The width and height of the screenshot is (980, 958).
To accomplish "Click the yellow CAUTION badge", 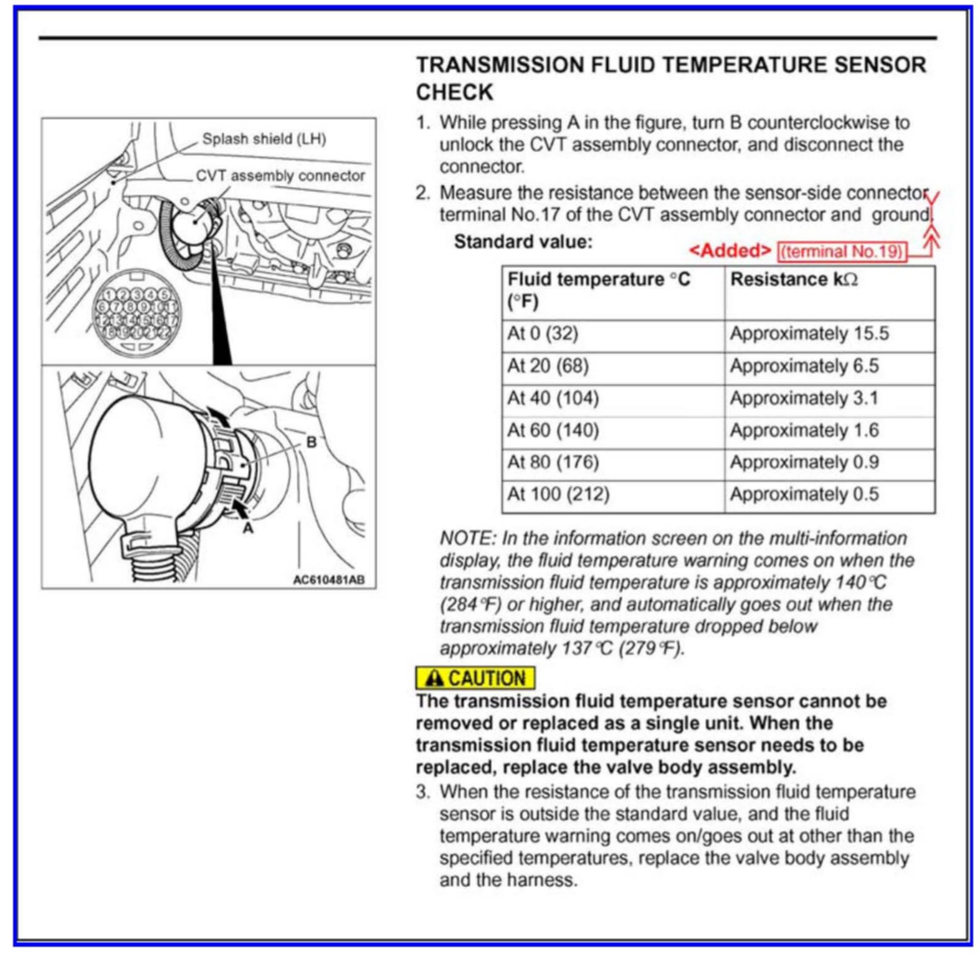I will [x=475, y=678].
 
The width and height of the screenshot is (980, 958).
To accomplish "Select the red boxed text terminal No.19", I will [x=841, y=251].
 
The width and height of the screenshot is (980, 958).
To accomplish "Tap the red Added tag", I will [x=730, y=251].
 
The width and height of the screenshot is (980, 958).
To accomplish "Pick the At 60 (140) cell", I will [x=553, y=430].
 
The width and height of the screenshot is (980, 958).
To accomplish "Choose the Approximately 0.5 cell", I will [x=804, y=494].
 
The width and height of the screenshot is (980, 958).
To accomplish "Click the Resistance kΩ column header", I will [x=794, y=279].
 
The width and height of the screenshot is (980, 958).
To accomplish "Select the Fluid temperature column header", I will [x=598, y=289].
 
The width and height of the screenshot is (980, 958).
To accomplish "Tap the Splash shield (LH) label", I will [x=264, y=139].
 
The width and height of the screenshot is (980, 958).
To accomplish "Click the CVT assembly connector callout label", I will [x=280, y=176].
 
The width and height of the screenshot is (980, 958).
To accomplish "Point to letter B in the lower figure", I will [x=312, y=442].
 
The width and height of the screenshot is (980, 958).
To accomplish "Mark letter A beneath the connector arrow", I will [x=248, y=528].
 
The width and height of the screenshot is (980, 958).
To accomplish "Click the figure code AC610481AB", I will [x=329, y=580].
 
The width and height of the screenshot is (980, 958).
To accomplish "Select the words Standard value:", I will [x=523, y=242].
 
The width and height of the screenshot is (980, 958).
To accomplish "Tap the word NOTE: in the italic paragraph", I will [x=468, y=538].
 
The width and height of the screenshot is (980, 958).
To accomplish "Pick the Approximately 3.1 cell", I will [x=804, y=398].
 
